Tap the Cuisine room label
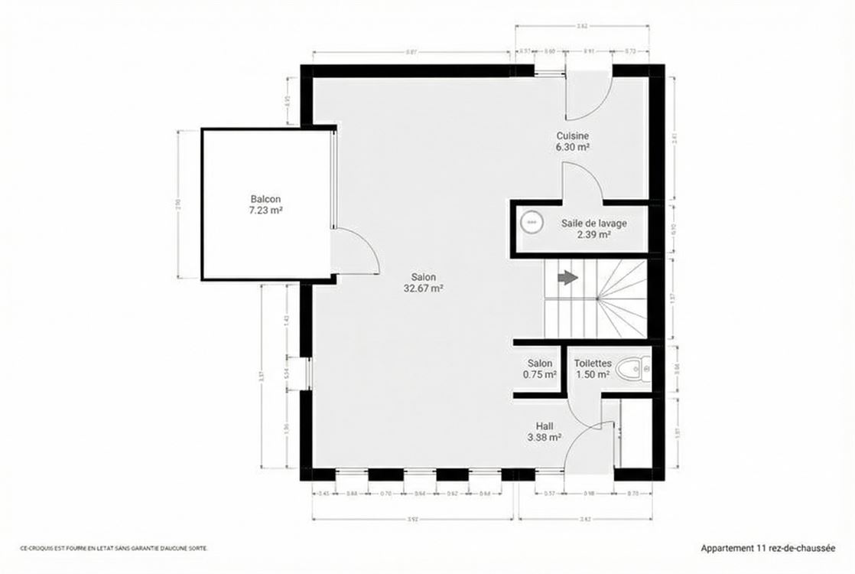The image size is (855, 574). click(x=572, y=141)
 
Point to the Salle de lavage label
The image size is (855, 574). click(x=593, y=229)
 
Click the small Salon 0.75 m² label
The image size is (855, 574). click(x=540, y=369)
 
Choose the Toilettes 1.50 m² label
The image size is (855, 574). click(x=592, y=369)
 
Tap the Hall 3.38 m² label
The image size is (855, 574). click(x=545, y=432)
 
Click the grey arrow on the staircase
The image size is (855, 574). click(x=567, y=278)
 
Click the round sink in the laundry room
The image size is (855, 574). click(x=531, y=223)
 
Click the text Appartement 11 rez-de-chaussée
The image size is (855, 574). click(x=767, y=548)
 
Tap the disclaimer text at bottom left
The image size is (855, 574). click(x=113, y=548)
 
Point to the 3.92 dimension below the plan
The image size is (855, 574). click(x=413, y=519)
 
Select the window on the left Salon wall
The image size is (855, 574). click(x=307, y=373)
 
